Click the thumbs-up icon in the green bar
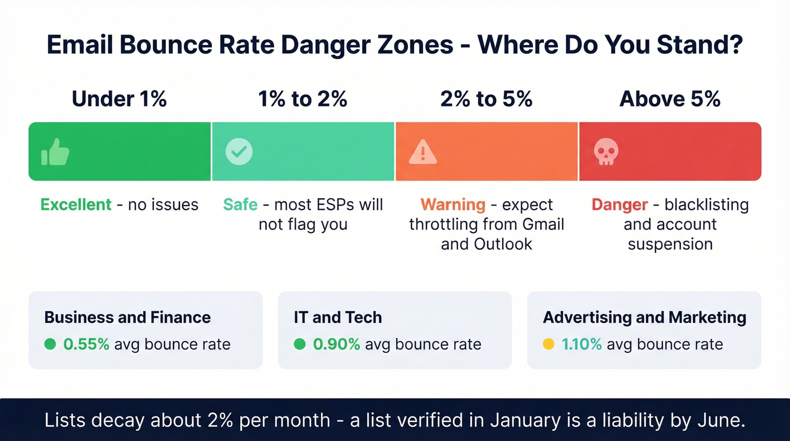pos(55,152)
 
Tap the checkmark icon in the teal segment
pos(239,151)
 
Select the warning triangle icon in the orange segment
pos(422,151)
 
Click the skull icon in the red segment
pos(606,152)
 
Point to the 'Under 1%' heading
pos(119,99)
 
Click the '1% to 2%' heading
pos(302,99)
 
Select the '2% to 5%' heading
pos(486,99)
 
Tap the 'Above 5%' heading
pos(670,99)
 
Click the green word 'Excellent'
pos(76,204)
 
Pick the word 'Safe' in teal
pos(240,204)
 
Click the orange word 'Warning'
pos(453,204)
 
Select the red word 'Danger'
pos(620,204)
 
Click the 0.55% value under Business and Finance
pos(86,344)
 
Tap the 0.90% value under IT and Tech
pos(336,344)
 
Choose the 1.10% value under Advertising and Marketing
pos(582,344)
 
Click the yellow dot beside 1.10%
pos(548,344)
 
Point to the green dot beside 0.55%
pos(50,344)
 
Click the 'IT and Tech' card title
pos(337,317)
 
